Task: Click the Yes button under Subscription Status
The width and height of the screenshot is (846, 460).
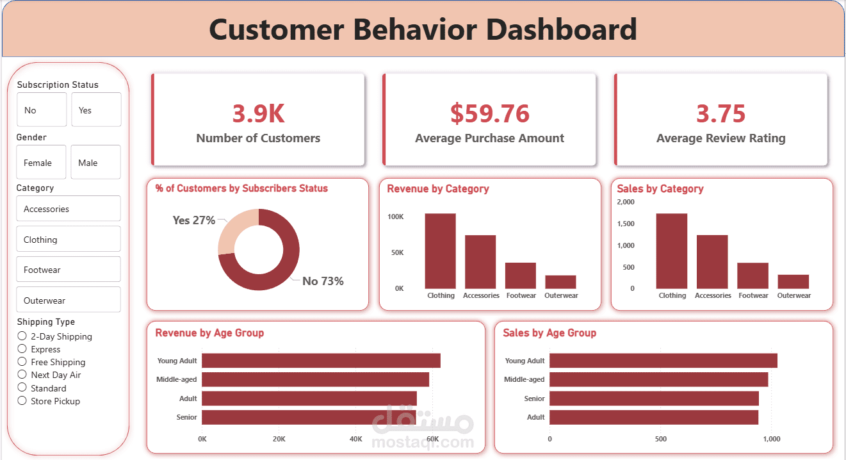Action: pyautogui.click(x=96, y=110)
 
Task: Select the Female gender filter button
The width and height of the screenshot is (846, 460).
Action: pyautogui.click(x=41, y=162)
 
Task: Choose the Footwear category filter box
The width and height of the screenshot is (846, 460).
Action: pyautogui.click(x=68, y=269)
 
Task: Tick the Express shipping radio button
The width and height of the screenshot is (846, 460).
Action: pyautogui.click(x=22, y=349)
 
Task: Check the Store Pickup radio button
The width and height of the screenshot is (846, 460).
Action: pyautogui.click(x=22, y=401)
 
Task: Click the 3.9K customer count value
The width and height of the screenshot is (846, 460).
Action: pyautogui.click(x=258, y=113)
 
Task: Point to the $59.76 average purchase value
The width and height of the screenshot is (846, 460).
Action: pyautogui.click(x=490, y=113)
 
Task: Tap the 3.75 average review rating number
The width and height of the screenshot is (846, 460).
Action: pyautogui.click(x=720, y=113)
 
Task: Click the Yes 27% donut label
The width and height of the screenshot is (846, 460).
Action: pyautogui.click(x=193, y=220)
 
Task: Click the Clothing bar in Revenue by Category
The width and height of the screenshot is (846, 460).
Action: pyautogui.click(x=440, y=251)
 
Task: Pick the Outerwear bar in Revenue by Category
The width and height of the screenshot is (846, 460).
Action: pyautogui.click(x=560, y=282)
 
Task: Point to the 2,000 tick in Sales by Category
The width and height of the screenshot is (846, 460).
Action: pyautogui.click(x=625, y=202)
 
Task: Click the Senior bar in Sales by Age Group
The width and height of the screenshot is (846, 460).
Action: pyautogui.click(x=653, y=398)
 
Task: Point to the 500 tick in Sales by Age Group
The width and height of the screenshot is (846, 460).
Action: pyautogui.click(x=661, y=439)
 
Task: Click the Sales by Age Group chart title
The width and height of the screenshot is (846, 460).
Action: pyautogui.click(x=549, y=333)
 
